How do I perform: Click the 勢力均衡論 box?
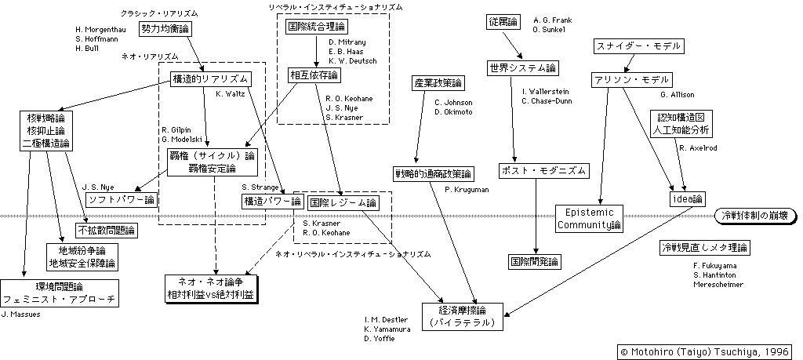[165, 28]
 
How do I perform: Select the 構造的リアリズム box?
[210, 78]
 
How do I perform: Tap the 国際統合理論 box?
[311, 25]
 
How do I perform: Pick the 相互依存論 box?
[312, 75]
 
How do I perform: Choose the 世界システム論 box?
[517, 68]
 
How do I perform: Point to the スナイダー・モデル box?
[638, 46]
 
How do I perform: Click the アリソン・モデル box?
[631, 80]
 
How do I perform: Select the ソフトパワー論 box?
[121, 199]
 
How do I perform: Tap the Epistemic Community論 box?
[589, 219]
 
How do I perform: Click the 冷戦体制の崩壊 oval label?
[754, 215]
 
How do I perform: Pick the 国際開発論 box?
[534, 261]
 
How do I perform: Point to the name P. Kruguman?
[467, 188]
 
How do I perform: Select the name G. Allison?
[679, 95]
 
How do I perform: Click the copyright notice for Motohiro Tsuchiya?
[704, 351]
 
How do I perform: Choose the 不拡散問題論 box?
[106, 231]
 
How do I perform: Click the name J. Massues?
[21, 314]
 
